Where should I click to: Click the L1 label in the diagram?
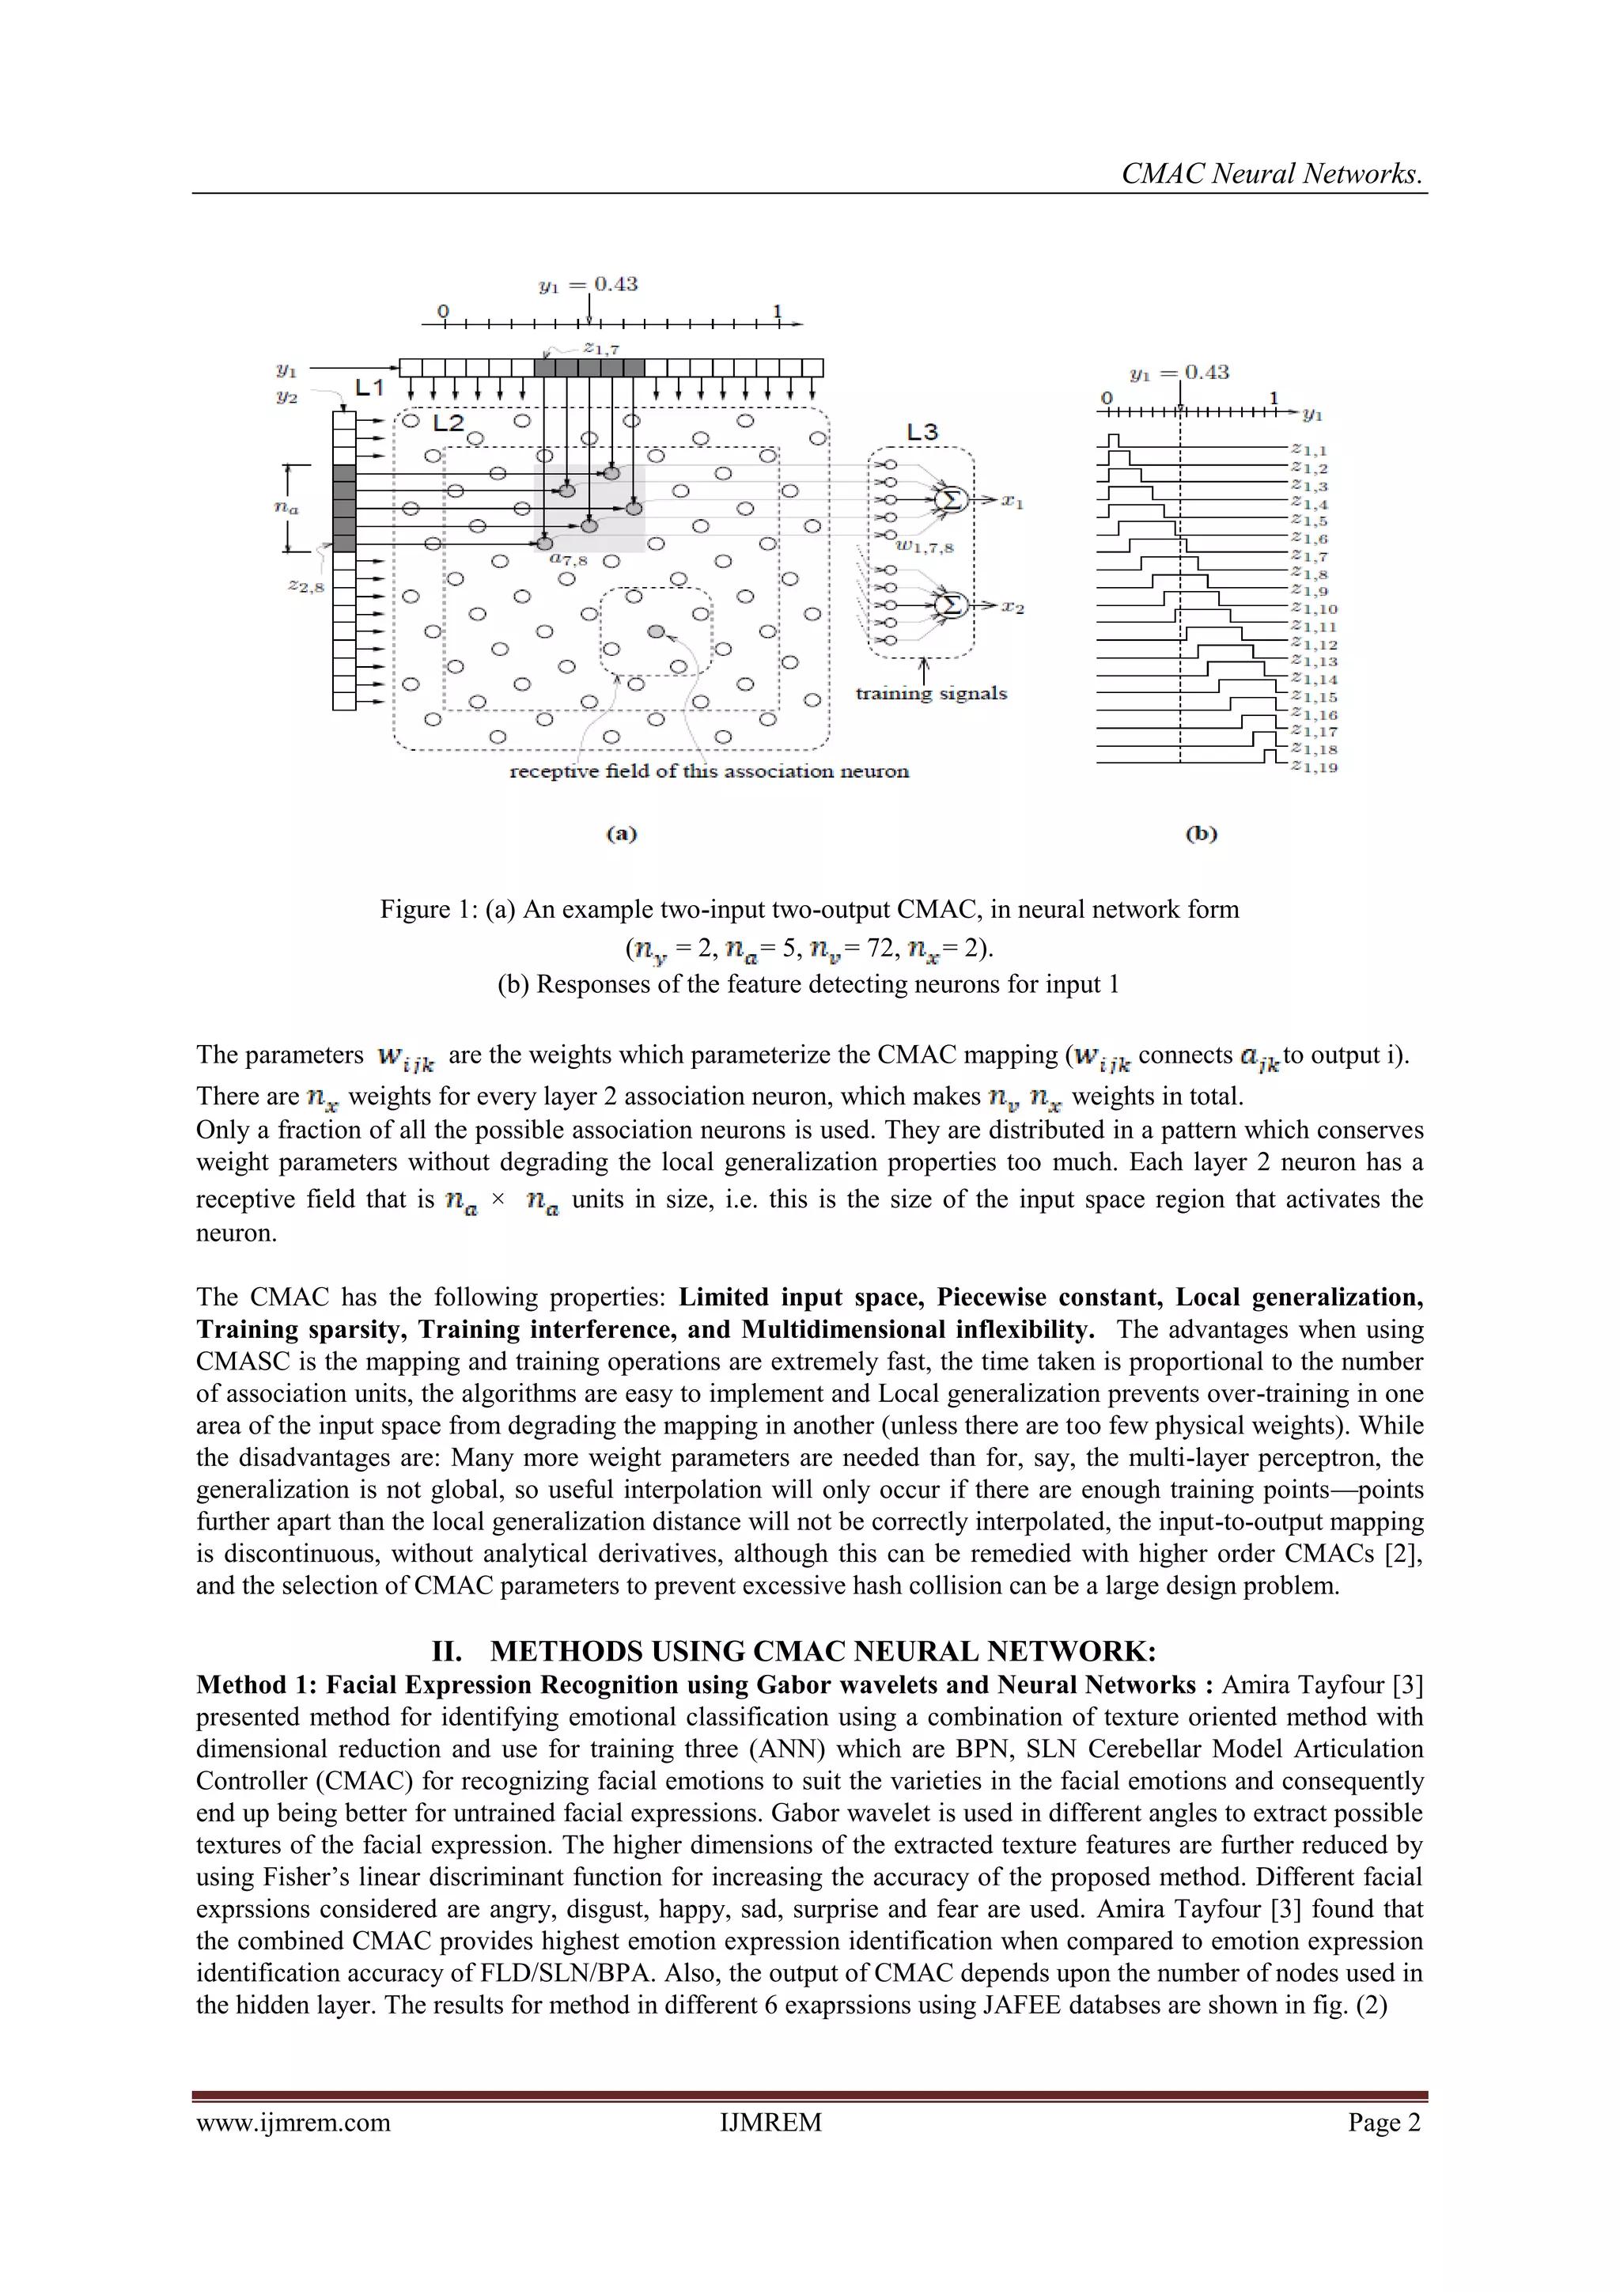tap(369, 388)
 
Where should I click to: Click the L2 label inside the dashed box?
tap(449, 423)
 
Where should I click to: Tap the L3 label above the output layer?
tap(922, 432)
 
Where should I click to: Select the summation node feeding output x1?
tap(950, 499)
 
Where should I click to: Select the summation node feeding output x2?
tap(950, 605)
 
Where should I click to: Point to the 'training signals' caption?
tap(930, 694)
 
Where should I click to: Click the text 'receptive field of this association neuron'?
tap(709, 771)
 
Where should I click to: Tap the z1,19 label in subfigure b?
tap(1314, 767)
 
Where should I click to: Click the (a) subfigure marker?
tap(621, 834)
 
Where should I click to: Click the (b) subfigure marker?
tap(1201, 834)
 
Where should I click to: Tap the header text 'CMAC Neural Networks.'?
tap(1272, 174)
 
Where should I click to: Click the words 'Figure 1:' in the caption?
tap(430, 909)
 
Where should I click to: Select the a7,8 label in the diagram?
tap(568, 561)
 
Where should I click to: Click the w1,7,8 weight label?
tap(923, 547)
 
